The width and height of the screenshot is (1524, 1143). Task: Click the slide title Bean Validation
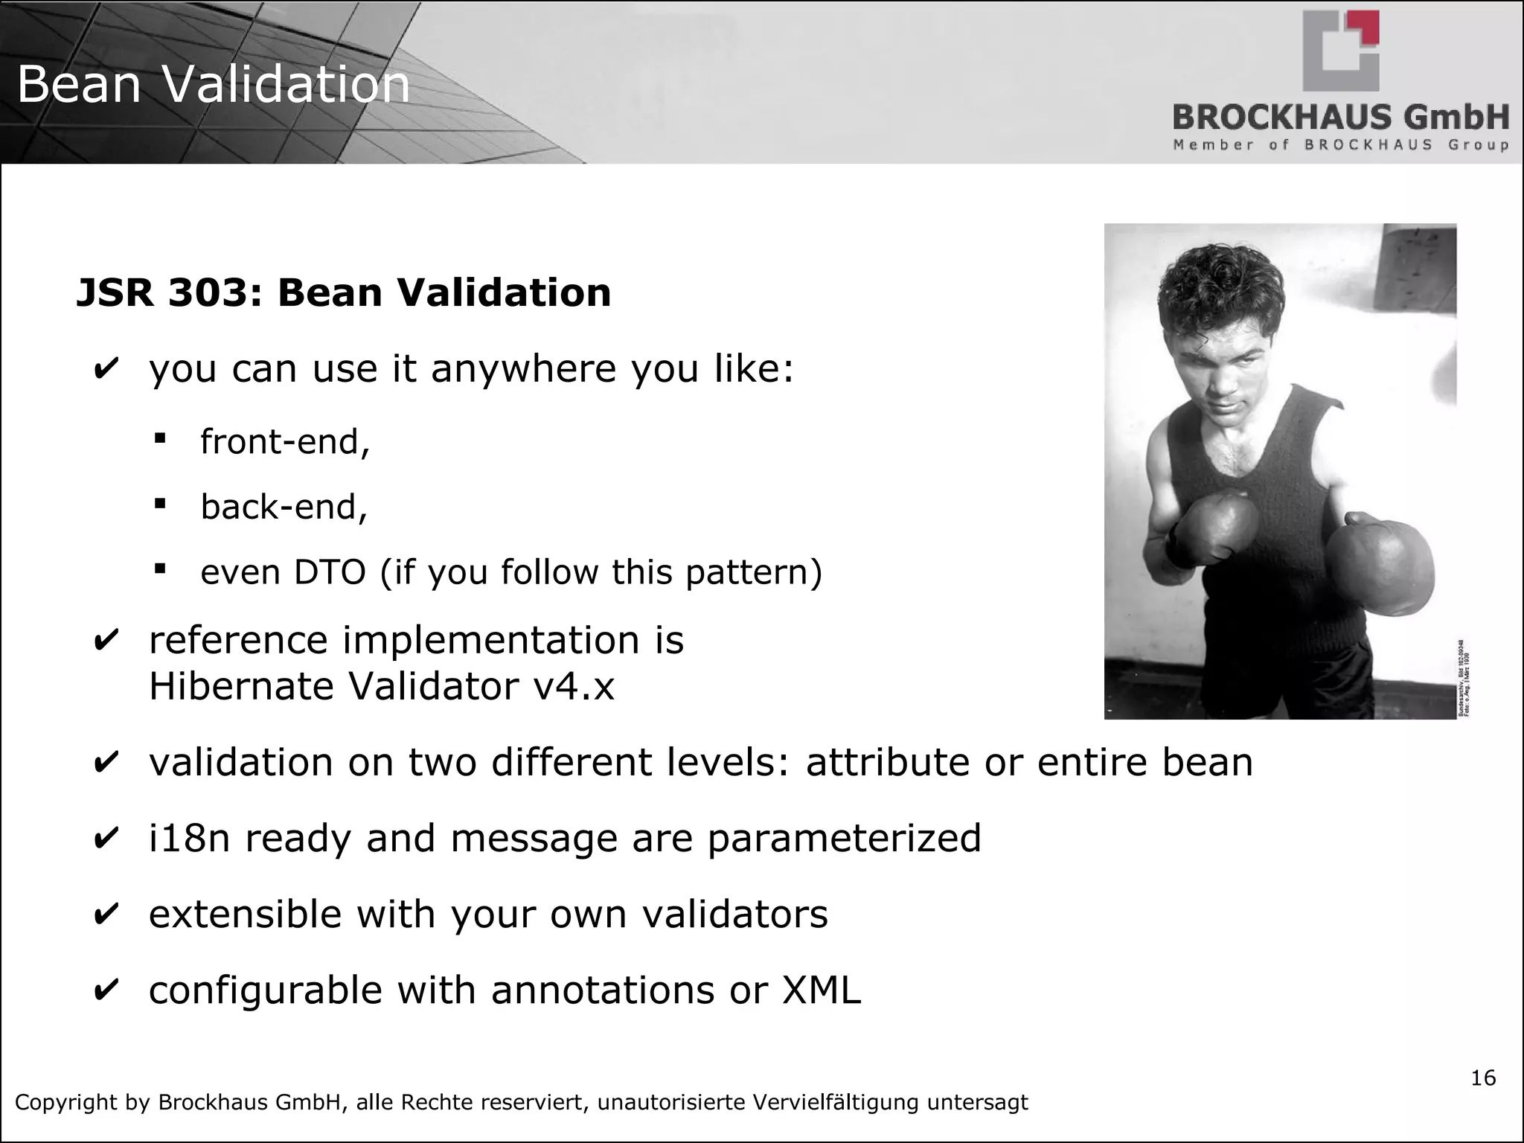tap(213, 84)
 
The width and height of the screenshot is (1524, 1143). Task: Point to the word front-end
tap(284, 442)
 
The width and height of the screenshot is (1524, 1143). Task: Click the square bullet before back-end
tap(159, 504)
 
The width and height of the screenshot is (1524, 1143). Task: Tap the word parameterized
tap(844, 839)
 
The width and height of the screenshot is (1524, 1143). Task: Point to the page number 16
tap(1483, 1078)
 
